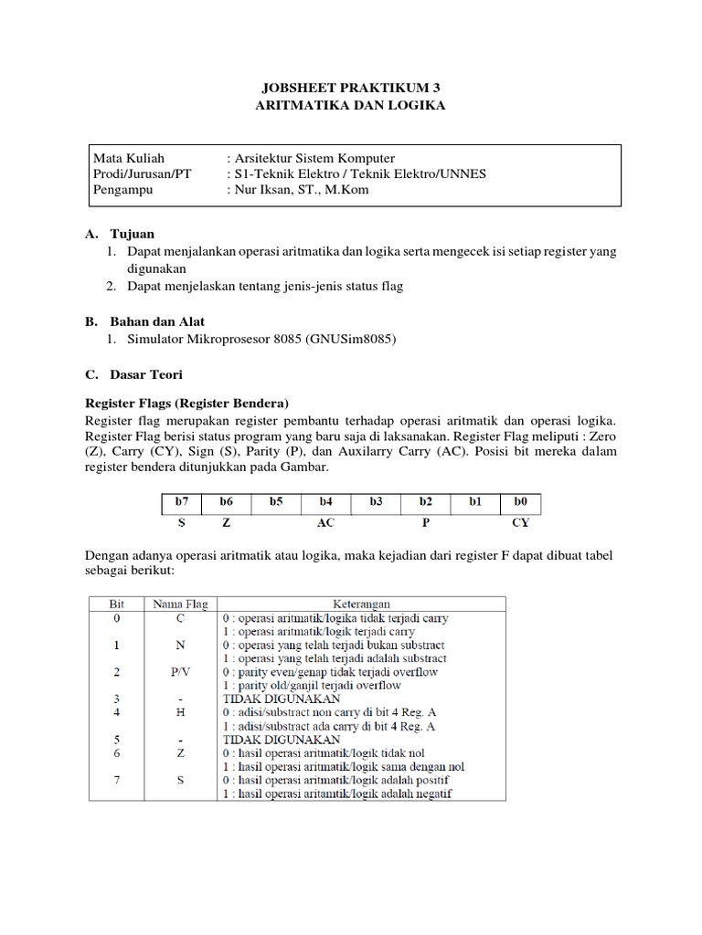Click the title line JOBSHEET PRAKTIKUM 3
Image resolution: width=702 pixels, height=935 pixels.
[x=352, y=88]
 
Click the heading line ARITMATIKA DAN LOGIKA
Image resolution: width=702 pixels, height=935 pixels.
[x=352, y=106]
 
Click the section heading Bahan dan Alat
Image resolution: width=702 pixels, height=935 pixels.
[x=157, y=320]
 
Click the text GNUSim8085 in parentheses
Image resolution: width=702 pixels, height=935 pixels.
[x=354, y=339]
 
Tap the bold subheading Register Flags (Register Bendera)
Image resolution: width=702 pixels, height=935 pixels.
[x=186, y=403]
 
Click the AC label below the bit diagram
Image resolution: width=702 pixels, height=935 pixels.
[x=325, y=524]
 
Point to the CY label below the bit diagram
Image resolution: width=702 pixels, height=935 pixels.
[x=520, y=524]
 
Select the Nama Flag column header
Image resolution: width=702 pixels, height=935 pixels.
[x=180, y=604]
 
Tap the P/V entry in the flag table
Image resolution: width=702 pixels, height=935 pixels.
[x=180, y=672]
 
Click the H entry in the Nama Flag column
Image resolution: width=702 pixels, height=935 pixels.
[x=180, y=712]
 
